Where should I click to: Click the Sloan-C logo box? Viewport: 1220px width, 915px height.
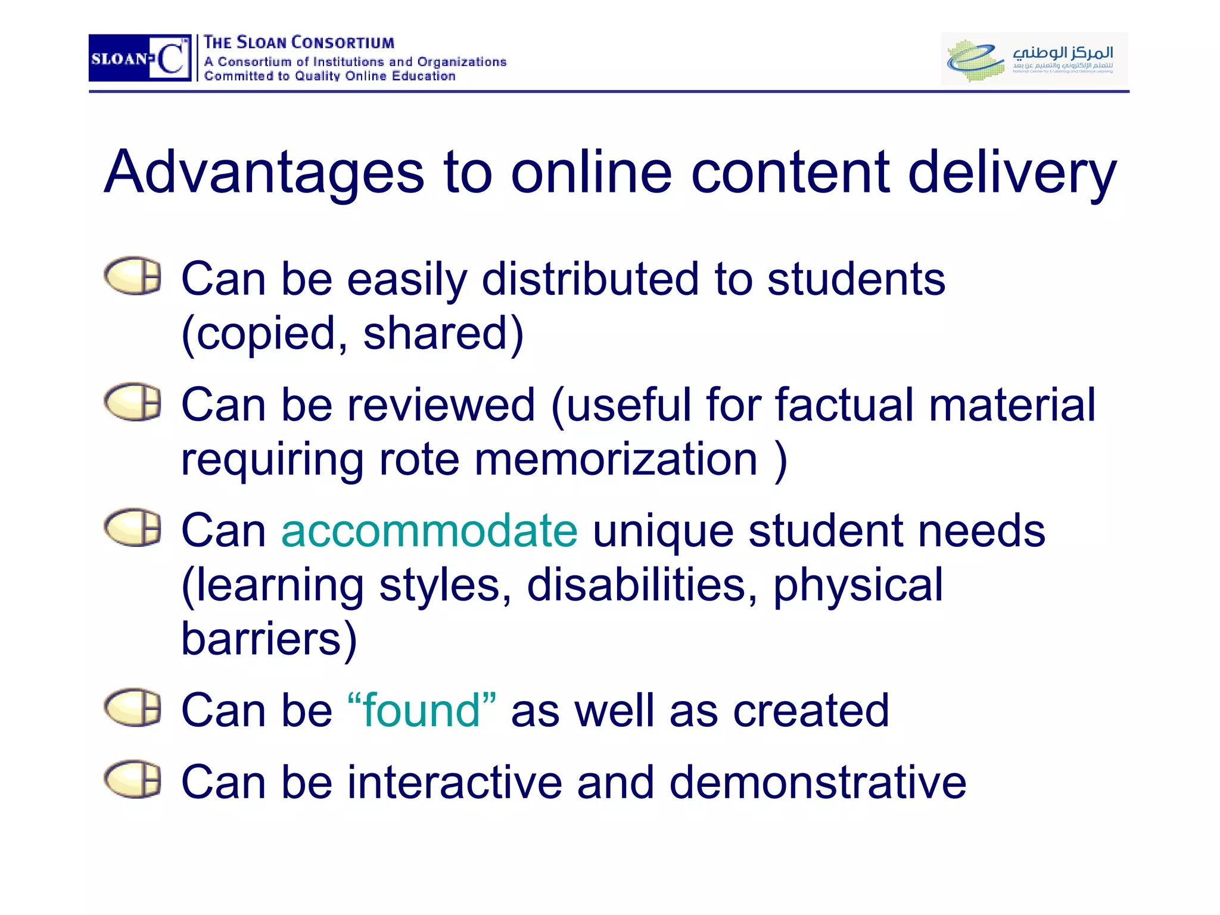click(x=140, y=58)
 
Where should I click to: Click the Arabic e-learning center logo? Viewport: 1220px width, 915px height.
click(x=1034, y=58)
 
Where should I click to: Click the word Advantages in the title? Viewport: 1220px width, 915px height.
click(x=264, y=173)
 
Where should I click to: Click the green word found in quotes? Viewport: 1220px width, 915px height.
click(x=421, y=710)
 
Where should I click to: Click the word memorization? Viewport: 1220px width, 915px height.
click(x=616, y=459)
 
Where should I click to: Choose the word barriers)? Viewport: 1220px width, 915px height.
click(x=269, y=639)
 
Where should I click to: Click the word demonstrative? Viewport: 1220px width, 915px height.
click(x=817, y=782)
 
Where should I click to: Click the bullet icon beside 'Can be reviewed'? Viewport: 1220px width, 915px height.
click(x=132, y=402)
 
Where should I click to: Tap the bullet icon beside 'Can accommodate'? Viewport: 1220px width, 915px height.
click(x=132, y=528)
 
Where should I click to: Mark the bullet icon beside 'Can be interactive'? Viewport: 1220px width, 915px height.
click(x=132, y=779)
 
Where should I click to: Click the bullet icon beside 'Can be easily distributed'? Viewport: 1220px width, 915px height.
click(x=132, y=276)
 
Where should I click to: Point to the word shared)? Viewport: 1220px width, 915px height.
click(x=443, y=334)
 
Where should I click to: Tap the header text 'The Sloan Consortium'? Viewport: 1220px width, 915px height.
click(x=298, y=43)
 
